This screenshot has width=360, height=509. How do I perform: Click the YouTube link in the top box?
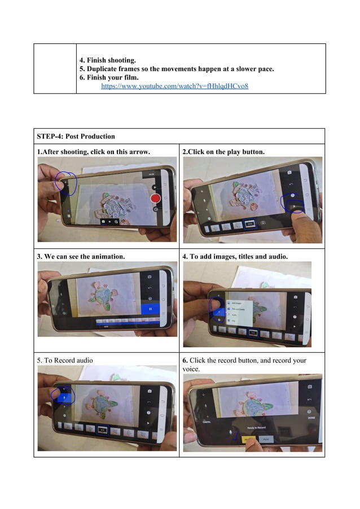click(174, 86)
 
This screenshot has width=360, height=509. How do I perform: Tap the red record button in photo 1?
click(156, 199)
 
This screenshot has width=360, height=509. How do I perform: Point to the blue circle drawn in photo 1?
click(66, 183)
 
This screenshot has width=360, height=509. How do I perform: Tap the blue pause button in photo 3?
click(151, 308)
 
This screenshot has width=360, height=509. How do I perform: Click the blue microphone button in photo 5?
click(64, 397)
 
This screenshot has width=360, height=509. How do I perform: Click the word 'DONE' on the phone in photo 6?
click(311, 418)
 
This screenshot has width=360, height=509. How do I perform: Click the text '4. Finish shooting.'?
click(107, 59)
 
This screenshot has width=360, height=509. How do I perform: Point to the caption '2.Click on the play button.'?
click(223, 152)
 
